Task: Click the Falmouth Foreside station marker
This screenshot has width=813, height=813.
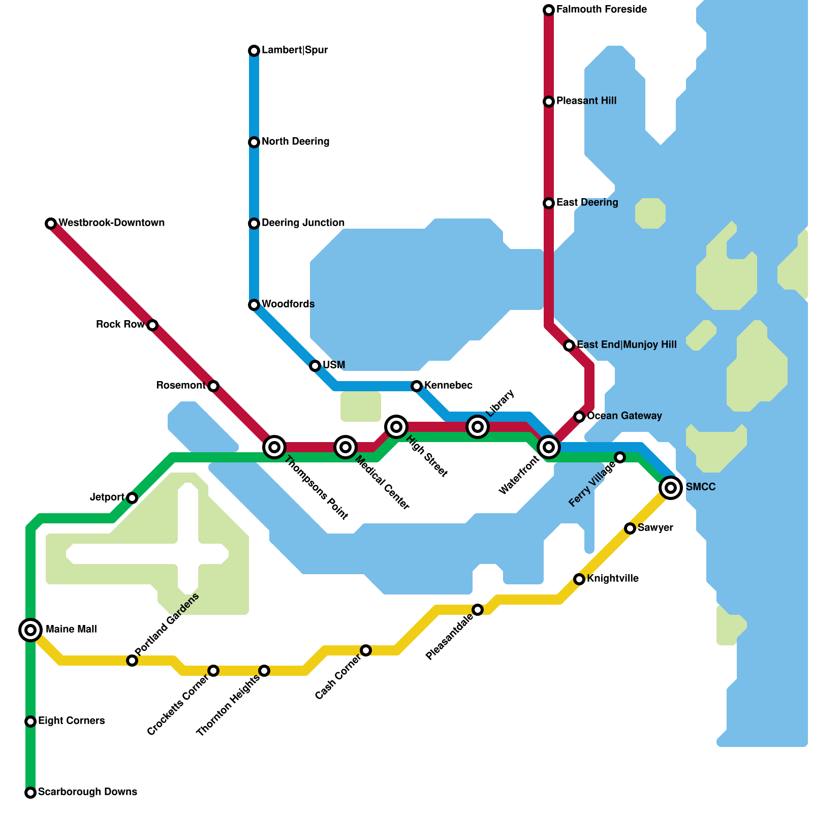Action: coord(549,10)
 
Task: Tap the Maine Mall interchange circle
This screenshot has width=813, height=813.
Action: coord(30,630)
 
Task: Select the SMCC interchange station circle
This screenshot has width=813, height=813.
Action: coord(671,488)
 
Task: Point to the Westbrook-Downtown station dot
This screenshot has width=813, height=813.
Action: coord(51,224)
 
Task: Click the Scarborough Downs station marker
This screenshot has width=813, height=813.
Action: coord(30,793)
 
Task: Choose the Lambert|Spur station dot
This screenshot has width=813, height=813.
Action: coord(254,51)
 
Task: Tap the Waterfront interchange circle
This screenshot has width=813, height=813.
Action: coord(549,447)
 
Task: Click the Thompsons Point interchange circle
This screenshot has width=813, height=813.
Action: coord(274,447)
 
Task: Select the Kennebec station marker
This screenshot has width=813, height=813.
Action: coord(417,386)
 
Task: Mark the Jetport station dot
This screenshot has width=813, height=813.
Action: coord(132,498)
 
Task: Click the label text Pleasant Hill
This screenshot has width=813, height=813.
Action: coord(586,101)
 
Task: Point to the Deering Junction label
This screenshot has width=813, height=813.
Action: coord(303,223)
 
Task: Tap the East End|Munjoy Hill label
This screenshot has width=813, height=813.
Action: coord(627,345)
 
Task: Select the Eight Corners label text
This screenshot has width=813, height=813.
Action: coord(71,721)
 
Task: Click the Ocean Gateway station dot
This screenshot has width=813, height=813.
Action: coord(579,417)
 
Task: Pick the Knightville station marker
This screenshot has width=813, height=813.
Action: coord(579,579)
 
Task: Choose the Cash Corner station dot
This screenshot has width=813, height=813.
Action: coord(366,650)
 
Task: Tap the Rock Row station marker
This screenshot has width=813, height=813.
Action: coord(152,325)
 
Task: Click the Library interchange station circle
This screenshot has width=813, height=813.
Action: coord(478,427)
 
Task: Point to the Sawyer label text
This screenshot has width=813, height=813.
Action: coord(655,528)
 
